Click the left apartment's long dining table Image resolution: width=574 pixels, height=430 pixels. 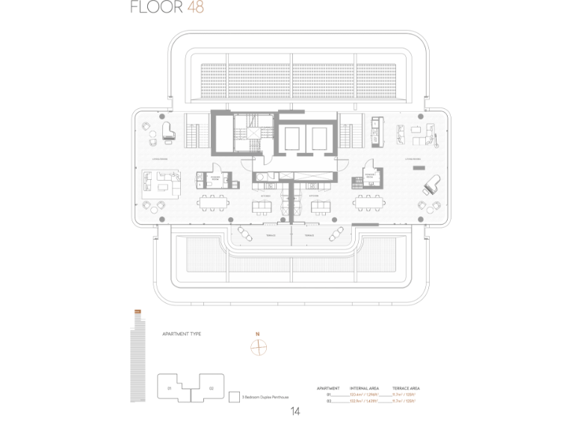[x=213, y=202]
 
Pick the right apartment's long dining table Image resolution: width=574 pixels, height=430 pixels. [x=371, y=202]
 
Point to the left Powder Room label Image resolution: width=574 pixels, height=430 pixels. [x=215, y=178]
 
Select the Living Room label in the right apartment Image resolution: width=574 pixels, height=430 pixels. [x=416, y=159]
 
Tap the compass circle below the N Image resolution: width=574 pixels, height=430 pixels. [x=257, y=346]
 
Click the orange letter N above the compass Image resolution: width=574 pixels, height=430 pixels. [x=257, y=334]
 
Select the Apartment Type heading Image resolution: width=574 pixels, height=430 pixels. [x=182, y=334]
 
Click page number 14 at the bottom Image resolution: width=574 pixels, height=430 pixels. [x=295, y=411]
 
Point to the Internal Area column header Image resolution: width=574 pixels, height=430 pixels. [x=364, y=388]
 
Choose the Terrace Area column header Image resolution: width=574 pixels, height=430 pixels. [x=404, y=388]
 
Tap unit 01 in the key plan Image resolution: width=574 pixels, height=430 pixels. [x=170, y=388]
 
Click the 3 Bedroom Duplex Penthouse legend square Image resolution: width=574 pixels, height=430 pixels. [x=234, y=398]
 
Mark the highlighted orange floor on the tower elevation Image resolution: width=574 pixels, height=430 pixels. [x=137, y=311]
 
